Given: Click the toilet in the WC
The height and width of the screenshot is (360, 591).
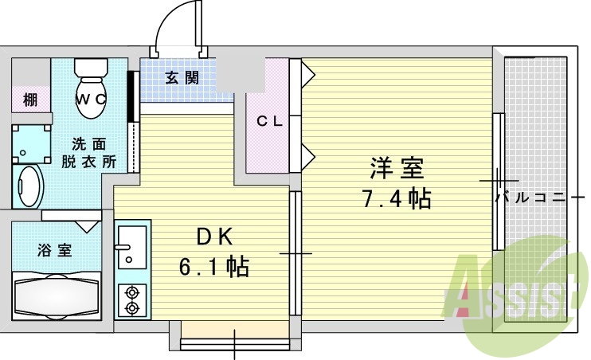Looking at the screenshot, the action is (91, 88).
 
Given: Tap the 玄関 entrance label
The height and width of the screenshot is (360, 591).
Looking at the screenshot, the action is (182, 77).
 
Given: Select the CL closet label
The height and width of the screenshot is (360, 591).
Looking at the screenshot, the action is (269, 121).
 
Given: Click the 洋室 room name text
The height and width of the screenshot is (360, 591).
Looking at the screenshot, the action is (397, 168).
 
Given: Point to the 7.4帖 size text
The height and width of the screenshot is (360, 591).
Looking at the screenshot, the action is (397, 198).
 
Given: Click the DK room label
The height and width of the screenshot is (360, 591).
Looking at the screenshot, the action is (213, 237).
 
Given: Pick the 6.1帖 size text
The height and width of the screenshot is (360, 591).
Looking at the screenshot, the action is (213, 267).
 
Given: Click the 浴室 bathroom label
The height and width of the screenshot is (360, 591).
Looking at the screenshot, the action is (55, 250).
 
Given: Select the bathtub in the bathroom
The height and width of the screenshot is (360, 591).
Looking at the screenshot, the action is (57, 295).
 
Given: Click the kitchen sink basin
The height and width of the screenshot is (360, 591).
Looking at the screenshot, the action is (132, 247).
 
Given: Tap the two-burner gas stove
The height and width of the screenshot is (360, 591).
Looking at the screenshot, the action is (132, 300).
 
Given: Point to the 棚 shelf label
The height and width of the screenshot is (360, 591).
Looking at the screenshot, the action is (30, 100).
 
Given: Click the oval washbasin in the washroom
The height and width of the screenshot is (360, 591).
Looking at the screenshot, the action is (29, 186).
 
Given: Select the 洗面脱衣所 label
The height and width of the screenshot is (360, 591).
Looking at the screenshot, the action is (89, 153).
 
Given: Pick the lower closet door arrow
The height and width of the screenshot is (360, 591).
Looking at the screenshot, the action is (308, 158).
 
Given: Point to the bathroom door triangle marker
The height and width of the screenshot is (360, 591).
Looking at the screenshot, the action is (87, 226).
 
